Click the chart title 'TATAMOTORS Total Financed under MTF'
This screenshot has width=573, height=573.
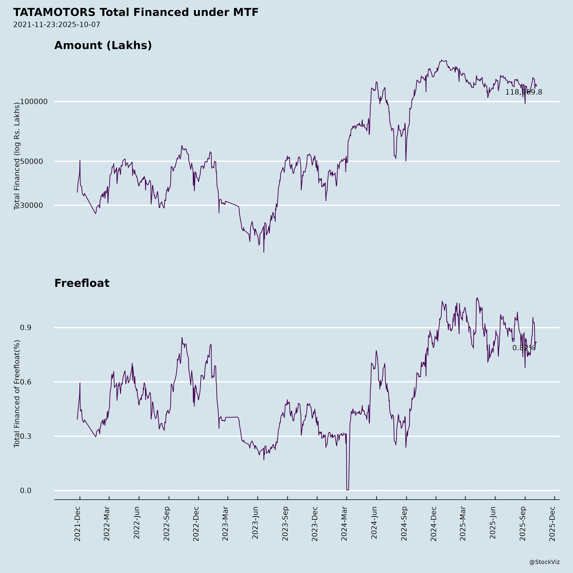click(136, 12)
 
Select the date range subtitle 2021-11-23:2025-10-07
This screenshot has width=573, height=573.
click(57, 25)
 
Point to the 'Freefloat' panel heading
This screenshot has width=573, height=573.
click(82, 283)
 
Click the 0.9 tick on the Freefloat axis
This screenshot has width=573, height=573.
click(25, 328)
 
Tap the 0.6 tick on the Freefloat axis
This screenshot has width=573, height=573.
click(25, 382)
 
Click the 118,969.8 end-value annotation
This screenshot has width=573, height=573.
click(523, 92)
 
